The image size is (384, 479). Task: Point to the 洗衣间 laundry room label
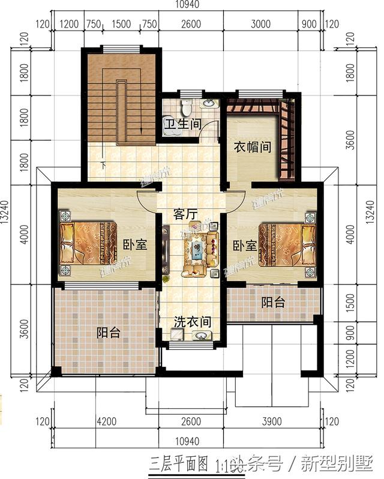coord(193,322)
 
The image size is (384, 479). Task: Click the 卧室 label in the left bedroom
coord(136,246)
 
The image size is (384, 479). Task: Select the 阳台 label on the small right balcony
coord(273,303)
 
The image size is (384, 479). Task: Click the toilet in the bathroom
coord(187,107)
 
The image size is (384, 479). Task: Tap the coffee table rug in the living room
coord(196,247)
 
